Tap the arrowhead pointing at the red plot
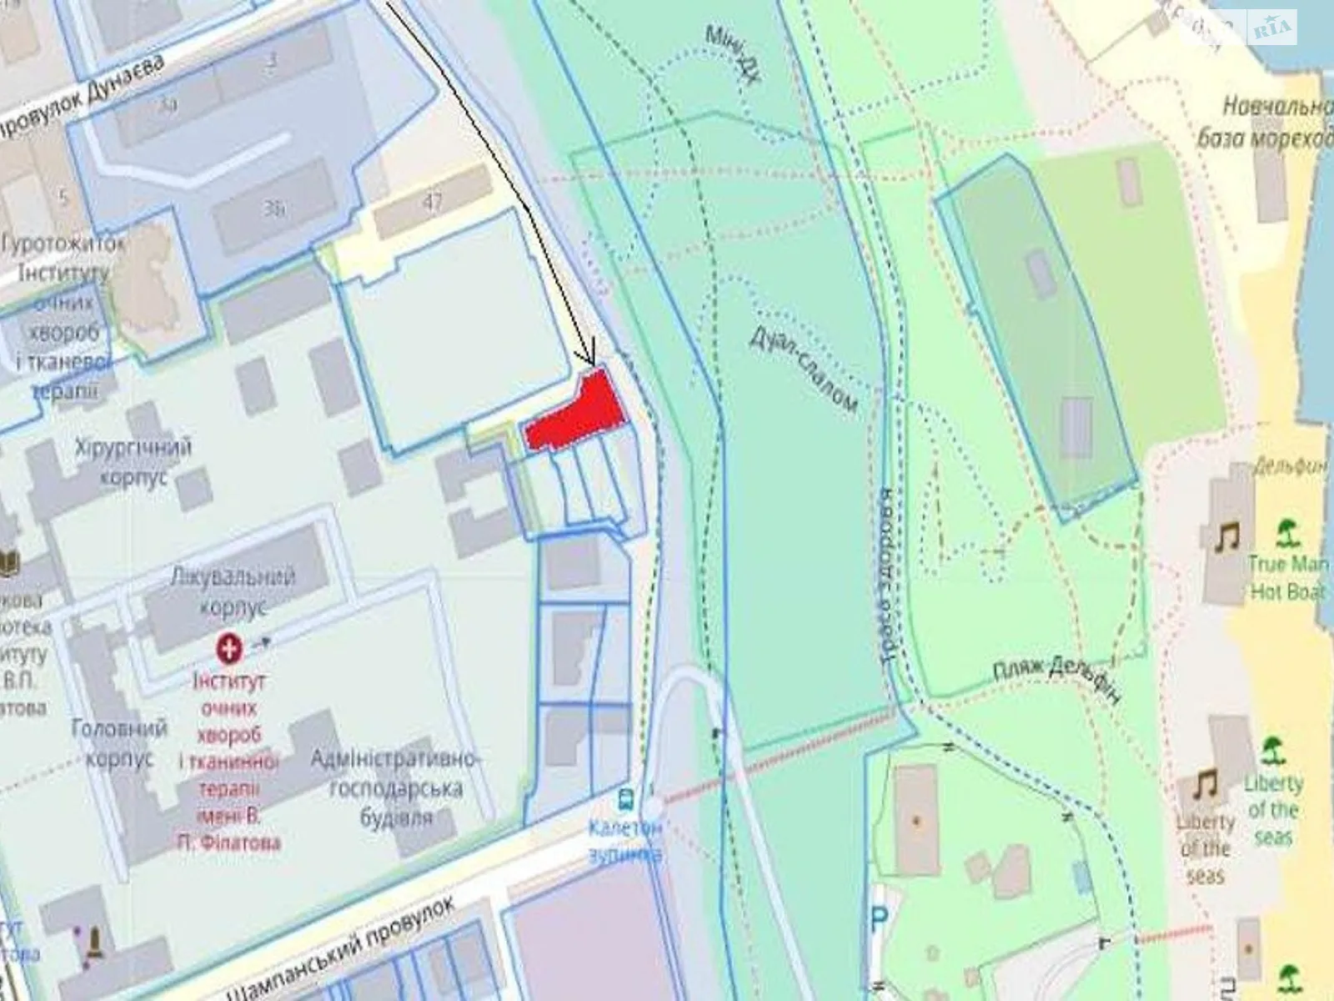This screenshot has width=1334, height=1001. click(x=591, y=357)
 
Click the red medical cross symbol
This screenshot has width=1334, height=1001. click(x=228, y=646)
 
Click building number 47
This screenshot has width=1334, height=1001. click(x=432, y=202)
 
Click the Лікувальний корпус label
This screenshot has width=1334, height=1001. click(x=233, y=591)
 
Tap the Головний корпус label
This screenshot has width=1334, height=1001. click(x=119, y=742)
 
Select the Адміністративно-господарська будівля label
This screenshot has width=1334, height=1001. click(x=397, y=787)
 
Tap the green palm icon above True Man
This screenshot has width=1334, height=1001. click(x=1289, y=530)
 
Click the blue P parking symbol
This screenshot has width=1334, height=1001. click(x=879, y=921)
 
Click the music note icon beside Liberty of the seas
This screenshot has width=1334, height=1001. click(x=1203, y=784)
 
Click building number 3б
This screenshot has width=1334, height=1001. click(x=273, y=209)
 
